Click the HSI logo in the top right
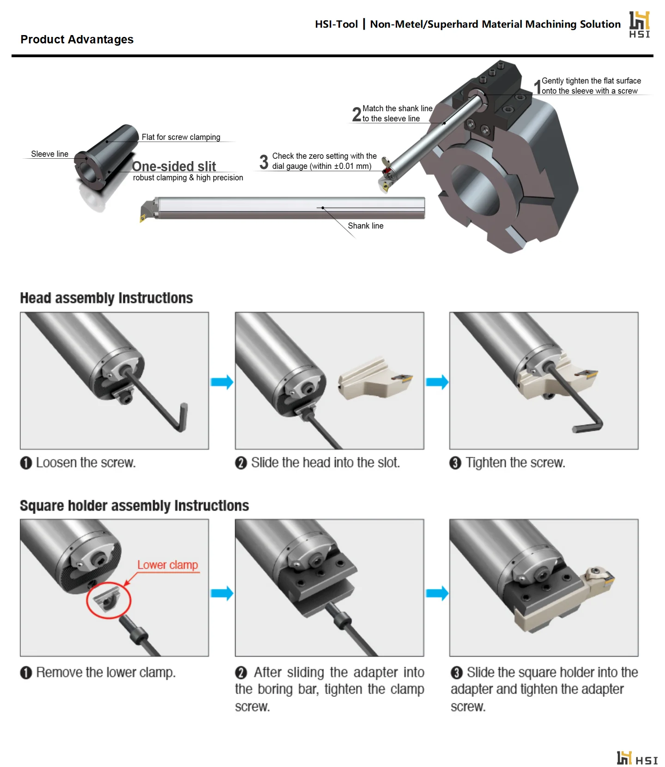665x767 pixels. pyautogui.click(x=639, y=24)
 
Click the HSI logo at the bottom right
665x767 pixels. pyautogui.click(x=637, y=758)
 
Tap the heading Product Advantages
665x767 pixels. pyautogui.click(x=77, y=40)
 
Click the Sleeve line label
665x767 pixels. pyautogui.click(x=49, y=154)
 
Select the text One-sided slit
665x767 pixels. pyautogui.click(x=174, y=166)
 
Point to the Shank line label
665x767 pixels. pyautogui.click(x=365, y=226)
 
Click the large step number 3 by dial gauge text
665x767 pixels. pyautogui.click(x=264, y=162)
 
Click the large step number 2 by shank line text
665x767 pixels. pyautogui.click(x=357, y=114)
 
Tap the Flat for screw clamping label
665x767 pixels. pyautogui.click(x=181, y=137)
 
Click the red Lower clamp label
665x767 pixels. pyautogui.click(x=168, y=565)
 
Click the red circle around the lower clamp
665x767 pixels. pyautogui.click(x=109, y=600)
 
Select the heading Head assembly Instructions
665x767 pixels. pyautogui.click(x=106, y=298)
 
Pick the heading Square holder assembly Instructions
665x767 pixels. pyautogui.click(x=134, y=506)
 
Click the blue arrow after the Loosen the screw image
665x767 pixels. pyautogui.click(x=222, y=382)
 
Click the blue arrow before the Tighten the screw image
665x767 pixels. pyautogui.click(x=437, y=382)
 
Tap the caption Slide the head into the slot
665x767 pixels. pyautogui.click(x=325, y=462)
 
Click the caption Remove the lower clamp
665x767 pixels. pyautogui.click(x=106, y=672)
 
